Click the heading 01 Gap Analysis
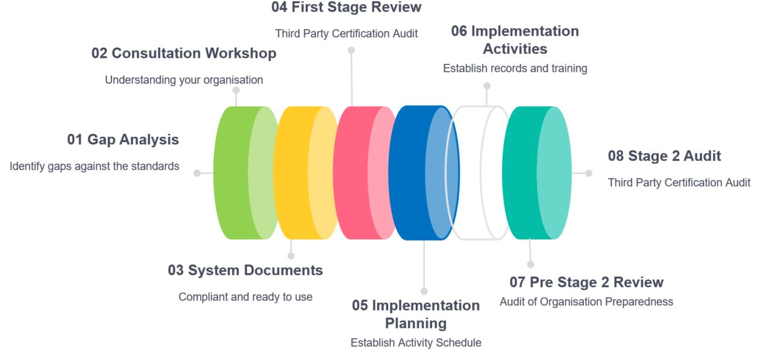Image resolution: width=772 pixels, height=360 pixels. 122,140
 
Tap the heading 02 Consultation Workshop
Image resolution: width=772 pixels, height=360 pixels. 184,54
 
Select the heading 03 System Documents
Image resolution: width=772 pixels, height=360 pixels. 245,271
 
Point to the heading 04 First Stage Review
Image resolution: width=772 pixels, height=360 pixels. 347,7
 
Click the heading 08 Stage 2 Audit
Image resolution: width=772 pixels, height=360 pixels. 664,156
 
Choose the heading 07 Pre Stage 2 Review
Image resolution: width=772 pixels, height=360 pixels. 586,282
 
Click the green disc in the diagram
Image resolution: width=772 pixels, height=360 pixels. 238,173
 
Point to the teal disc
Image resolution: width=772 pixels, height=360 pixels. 530,173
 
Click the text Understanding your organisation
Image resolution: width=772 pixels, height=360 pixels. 184,80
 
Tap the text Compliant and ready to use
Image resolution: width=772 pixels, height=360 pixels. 245,297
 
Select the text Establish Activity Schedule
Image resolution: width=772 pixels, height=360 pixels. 416,343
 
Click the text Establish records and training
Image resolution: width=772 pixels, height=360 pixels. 515,69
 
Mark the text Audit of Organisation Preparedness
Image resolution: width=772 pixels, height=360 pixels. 586,302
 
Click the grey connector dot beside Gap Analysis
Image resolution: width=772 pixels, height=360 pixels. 197,173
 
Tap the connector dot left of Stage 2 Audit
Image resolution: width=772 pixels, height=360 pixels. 589,173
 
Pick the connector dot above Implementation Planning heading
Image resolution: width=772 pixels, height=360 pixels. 424,291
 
